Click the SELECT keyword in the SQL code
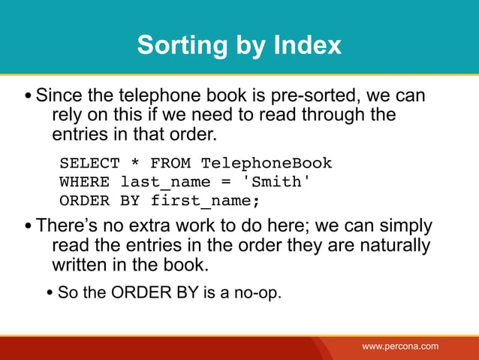pyautogui.click(x=89, y=163)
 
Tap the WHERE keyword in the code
pyautogui.click(x=84, y=182)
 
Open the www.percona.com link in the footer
pyautogui.click(x=400, y=346)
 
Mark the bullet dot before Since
pyautogui.click(x=28, y=98)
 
